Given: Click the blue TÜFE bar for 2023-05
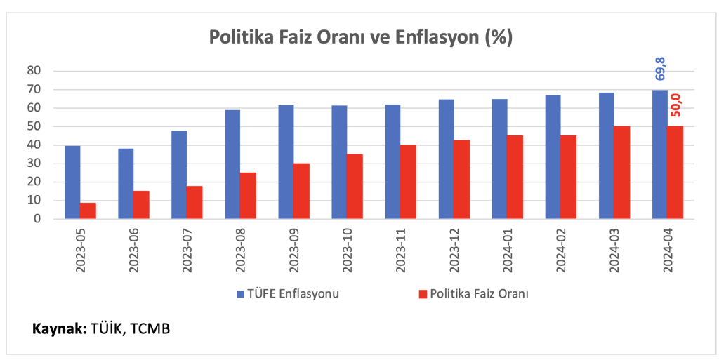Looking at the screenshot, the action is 72,182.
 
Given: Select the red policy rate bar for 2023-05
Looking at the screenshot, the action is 88,211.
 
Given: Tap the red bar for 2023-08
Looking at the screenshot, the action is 248,196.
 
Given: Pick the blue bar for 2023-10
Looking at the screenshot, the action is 339,162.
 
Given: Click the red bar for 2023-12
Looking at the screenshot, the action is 462,180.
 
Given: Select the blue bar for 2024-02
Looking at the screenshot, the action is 553,156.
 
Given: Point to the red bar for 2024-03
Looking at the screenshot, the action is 622,172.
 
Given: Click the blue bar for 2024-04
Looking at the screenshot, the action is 660,154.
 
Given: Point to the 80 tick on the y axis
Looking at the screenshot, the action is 35,71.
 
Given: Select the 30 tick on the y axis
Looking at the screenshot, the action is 35,164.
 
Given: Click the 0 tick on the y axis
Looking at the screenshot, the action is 39,219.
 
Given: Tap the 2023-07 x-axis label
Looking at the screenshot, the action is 187,248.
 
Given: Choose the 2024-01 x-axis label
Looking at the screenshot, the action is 508,248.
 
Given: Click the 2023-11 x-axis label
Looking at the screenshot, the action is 401,248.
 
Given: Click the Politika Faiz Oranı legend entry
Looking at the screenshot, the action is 474,293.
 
